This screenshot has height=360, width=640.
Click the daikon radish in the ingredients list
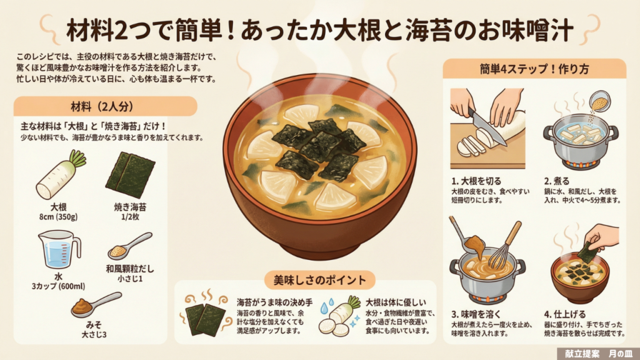[x=61, y=175]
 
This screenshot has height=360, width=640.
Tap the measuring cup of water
[x=59, y=250]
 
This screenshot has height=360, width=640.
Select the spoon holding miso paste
[x=96, y=305]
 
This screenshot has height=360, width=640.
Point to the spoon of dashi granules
[x=130, y=246]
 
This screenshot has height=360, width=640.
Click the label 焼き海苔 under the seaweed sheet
[x=130, y=207]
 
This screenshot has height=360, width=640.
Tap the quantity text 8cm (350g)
[x=58, y=217]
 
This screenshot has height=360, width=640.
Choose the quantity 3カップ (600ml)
[x=58, y=286]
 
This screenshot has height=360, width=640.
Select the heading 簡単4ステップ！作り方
[x=534, y=69]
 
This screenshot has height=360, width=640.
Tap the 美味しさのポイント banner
[x=319, y=281]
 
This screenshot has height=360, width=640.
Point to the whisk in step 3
[x=504, y=246]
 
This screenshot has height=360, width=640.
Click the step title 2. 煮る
[x=556, y=181]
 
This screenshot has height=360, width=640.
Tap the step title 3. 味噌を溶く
[x=476, y=314]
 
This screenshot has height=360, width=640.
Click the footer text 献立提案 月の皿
[x=598, y=354]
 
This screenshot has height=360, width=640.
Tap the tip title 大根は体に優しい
[x=395, y=302]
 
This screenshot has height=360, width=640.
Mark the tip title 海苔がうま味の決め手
[x=275, y=302]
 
